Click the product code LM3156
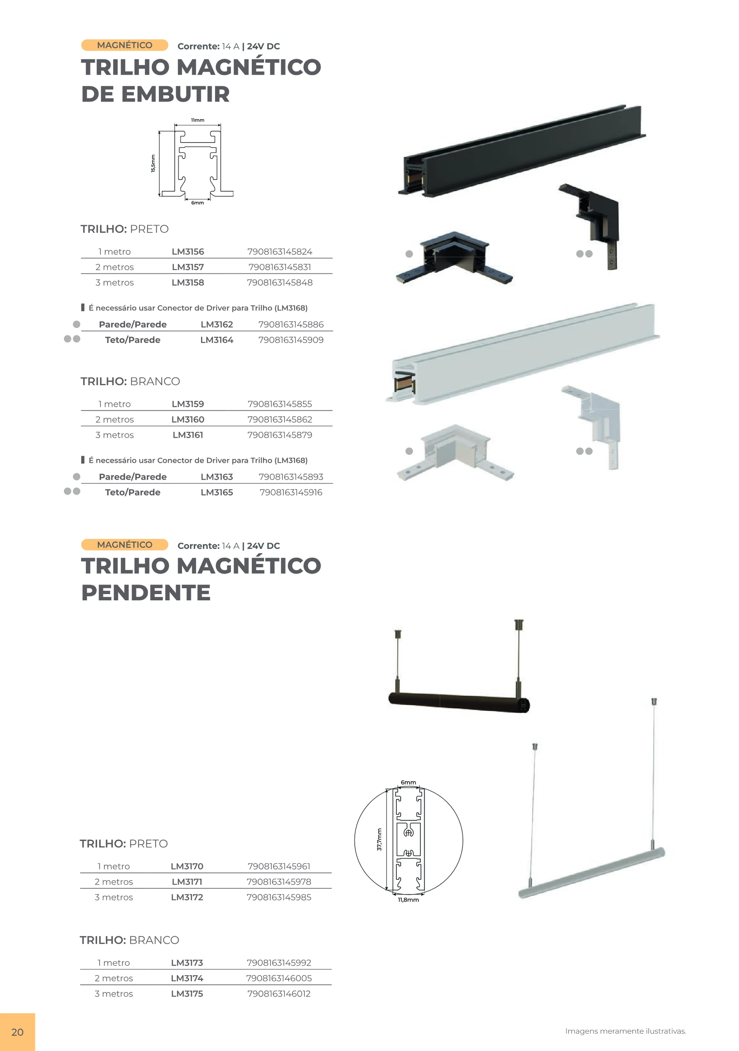click(x=188, y=252)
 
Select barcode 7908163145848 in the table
click(x=280, y=282)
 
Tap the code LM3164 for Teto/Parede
click(x=217, y=340)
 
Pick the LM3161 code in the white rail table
click(x=188, y=435)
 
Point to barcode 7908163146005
click(x=279, y=978)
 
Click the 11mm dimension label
click(x=198, y=120)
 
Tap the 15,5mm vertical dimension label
click(x=153, y=163)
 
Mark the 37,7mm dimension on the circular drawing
click(x=379, y=840)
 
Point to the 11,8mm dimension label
click(x=408, y=900)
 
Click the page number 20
click(x=17, y=1032)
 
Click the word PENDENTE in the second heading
click(x=146, y=593)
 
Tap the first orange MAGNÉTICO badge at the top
click(x=125, y=45)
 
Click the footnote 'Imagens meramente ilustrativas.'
click(x=626, y=1031)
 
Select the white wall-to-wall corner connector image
click(x=455, y=452)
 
